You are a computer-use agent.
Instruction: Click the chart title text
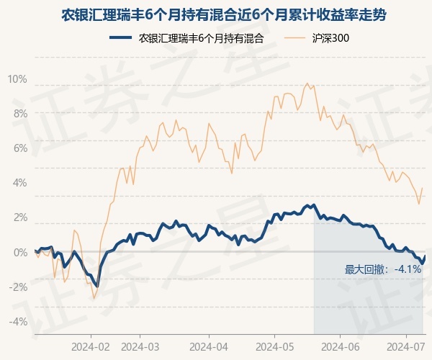(x=223, y=15)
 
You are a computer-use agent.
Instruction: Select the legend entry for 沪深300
(x=316, y=38)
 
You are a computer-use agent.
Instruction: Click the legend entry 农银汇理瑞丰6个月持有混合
(x=186, y=38)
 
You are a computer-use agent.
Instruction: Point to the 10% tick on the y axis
(x=17, y=79)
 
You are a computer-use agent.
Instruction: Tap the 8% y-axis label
(x=20, y=114)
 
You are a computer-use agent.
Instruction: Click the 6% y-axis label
(x=20, y=148)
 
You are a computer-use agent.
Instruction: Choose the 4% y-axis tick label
(x=20, y=183)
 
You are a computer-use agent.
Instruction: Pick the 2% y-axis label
(x=20, y=217)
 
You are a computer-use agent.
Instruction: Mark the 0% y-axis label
(x=20, y=252)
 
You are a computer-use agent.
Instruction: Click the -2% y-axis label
(x=18, y=287)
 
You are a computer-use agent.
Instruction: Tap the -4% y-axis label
(x=18, y=321)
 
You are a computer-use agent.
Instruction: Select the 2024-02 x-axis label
(x=91, y=347)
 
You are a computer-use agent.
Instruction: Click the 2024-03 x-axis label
(x=140, y=347)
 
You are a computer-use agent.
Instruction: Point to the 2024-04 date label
(x=209, y=347)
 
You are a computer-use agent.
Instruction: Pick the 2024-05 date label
(x=275, y=347)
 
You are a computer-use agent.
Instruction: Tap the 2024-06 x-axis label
(x=341, y=347)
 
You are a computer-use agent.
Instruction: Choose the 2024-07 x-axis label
(x=406, y=347)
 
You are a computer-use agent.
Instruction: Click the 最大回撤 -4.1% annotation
(x=383, y=269)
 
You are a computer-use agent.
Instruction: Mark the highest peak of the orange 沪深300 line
(x=307, y=84)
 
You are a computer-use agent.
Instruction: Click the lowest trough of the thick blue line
(x=97, y=287)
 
